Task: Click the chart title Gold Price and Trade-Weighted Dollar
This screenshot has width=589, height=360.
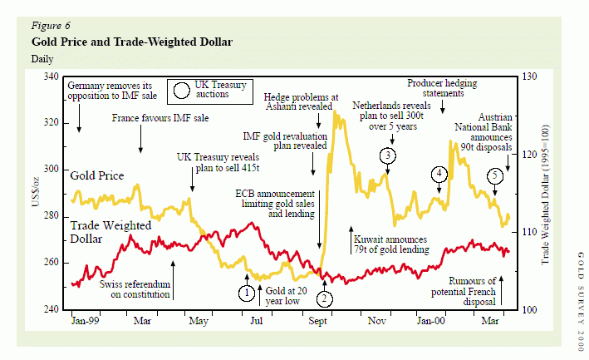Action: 131,42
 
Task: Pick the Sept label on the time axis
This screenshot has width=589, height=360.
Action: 317,321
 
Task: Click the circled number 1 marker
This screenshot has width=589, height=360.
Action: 246,293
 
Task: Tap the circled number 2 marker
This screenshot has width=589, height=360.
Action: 325,298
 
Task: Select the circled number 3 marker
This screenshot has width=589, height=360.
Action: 388,155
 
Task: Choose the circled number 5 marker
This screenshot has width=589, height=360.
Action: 495,176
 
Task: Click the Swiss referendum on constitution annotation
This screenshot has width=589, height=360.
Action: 135,289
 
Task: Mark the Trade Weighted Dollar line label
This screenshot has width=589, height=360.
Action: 110,232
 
